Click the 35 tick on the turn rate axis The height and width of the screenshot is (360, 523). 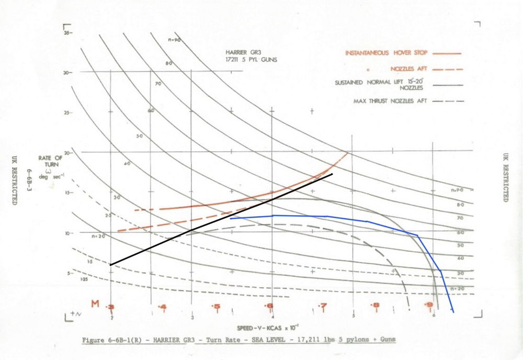pyautogui.click(x=68, y=33)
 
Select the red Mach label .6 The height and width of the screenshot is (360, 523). pyautogui.click(x=269, y=306)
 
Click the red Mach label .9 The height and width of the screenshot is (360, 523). pyautogui.click(x=429, y=306)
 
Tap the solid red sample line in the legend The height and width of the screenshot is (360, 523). pyautogui.click(x=448, y=53)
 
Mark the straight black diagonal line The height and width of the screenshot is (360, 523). pyautogui.click(x=220, y=219)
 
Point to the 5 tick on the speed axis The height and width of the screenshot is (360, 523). pyautogui.click(x=353, y=317)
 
